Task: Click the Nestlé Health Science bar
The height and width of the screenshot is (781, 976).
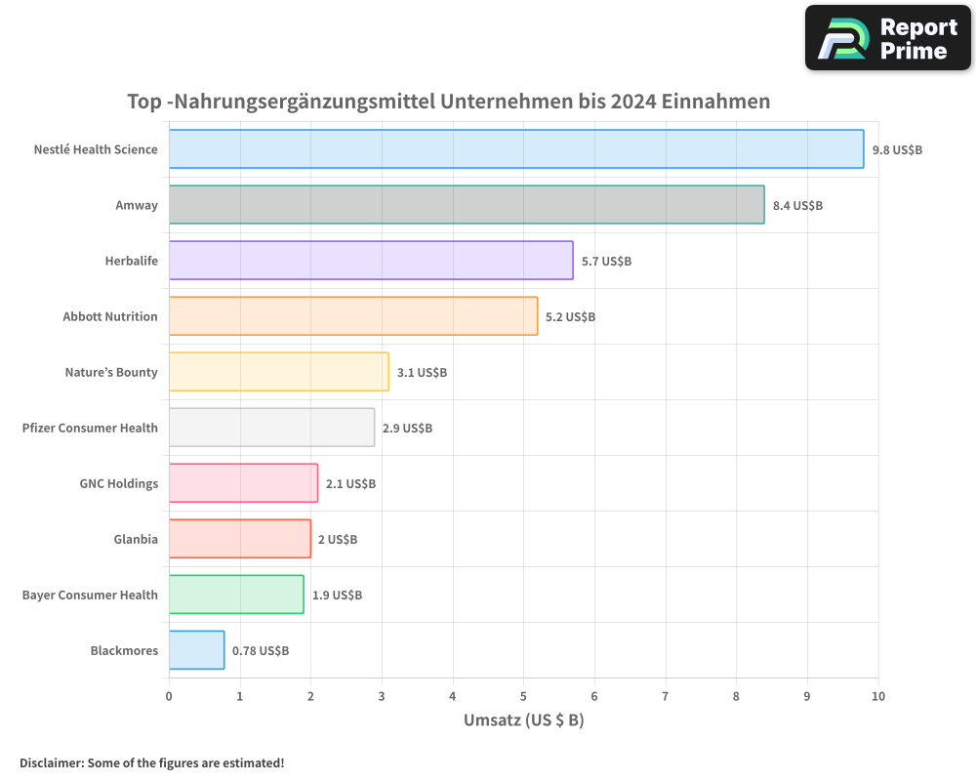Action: (x=515, y=149)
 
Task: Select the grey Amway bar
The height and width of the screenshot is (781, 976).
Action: (x=467, y=205)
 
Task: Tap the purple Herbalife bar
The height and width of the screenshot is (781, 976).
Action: (x=371, y=261)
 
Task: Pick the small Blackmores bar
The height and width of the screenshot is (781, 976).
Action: (x=196, y=650)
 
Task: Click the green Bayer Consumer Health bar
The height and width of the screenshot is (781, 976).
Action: (x=236, y=595)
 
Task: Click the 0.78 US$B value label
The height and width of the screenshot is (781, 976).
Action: (x=260, y=651)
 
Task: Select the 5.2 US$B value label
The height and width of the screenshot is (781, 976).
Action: (x=570, y=317)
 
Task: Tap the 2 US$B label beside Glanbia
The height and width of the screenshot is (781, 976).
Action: (x=337, y=540)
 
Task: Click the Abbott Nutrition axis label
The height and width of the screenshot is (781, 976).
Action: (x=109, y=316)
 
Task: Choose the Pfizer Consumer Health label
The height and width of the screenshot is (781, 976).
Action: (x=90, y=428)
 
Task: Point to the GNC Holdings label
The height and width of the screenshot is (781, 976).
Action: (x=118, y=483)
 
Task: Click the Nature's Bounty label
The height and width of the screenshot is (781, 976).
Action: (x=111, y=372)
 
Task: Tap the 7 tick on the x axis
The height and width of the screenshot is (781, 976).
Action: (x=666, y=696)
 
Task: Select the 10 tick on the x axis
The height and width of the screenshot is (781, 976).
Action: (x=877, y=696)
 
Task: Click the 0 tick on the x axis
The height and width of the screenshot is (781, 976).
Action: (x=169, y=696)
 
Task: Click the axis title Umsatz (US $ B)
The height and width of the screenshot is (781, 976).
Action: (x=523, y=720)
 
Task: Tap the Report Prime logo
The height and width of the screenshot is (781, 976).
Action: (x=887, y=38)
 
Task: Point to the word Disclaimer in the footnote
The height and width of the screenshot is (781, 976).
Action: (x=50, y=762)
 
